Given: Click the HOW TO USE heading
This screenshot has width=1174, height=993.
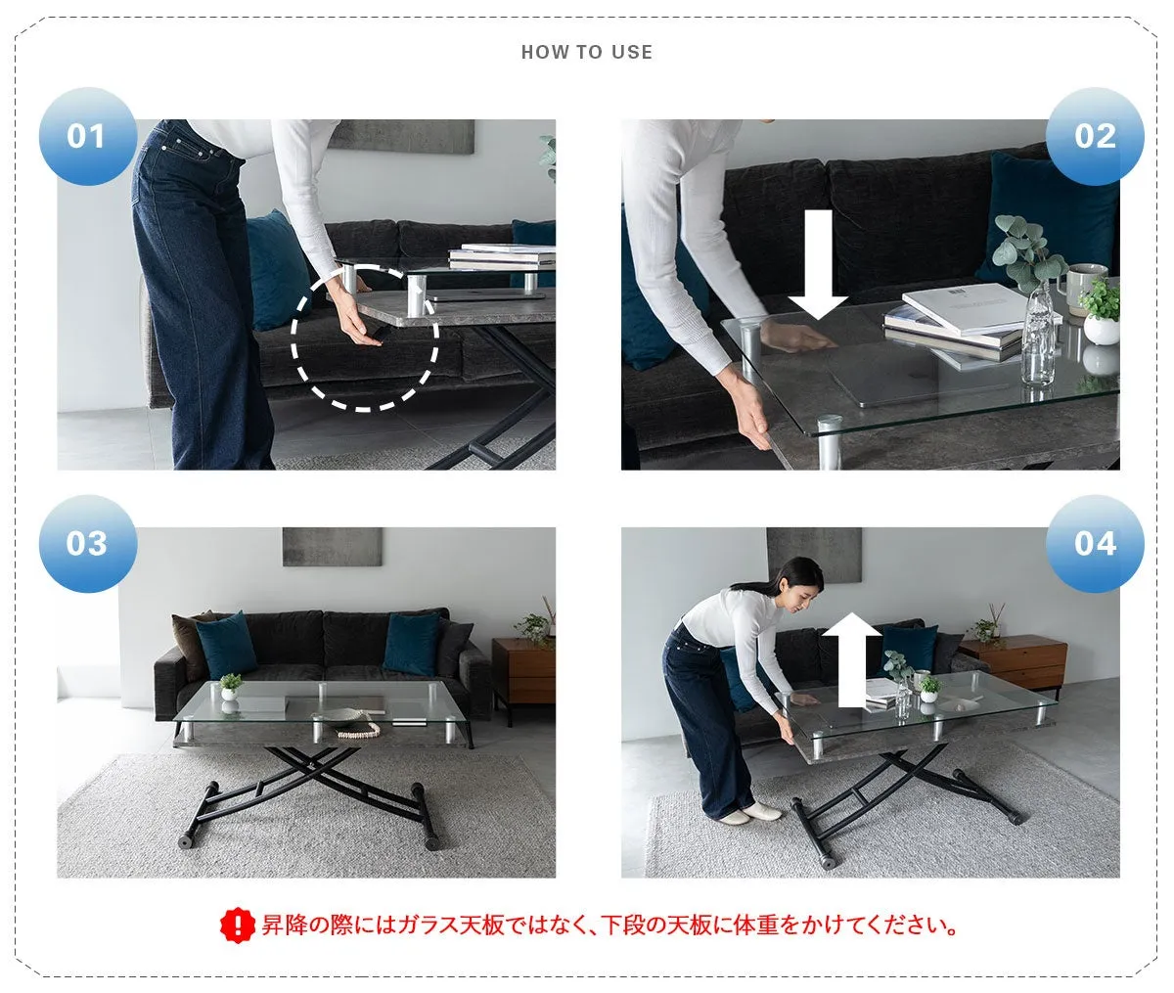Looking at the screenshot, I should coord(586,53).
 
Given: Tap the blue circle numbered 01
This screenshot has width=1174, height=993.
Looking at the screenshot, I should coord(87,136).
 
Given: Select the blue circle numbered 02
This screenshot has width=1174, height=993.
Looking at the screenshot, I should coord(1094,136).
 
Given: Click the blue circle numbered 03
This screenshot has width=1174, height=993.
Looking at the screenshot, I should coord(87,543).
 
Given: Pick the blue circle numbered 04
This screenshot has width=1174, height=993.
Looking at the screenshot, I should coord(1094,543).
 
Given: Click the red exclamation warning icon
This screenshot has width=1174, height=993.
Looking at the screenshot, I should coord(237,925).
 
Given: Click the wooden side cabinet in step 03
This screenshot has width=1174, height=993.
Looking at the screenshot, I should coord(522,669).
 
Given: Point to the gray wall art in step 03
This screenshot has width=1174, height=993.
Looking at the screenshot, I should coord(332,547).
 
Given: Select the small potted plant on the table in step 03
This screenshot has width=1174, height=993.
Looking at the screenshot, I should coord(231,685).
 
